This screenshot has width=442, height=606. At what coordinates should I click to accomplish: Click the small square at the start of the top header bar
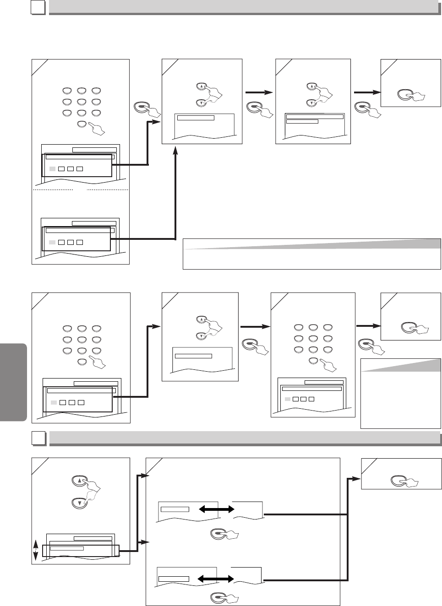[38, 7]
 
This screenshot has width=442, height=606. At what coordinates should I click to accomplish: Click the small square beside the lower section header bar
[38, 438]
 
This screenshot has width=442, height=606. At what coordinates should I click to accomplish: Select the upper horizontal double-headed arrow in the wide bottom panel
[213, 509]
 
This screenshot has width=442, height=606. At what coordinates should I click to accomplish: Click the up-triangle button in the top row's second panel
[202, 86]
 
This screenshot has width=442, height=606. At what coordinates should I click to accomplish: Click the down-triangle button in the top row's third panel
[311, 103]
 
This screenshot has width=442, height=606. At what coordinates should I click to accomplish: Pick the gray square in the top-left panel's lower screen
[52, 242]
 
